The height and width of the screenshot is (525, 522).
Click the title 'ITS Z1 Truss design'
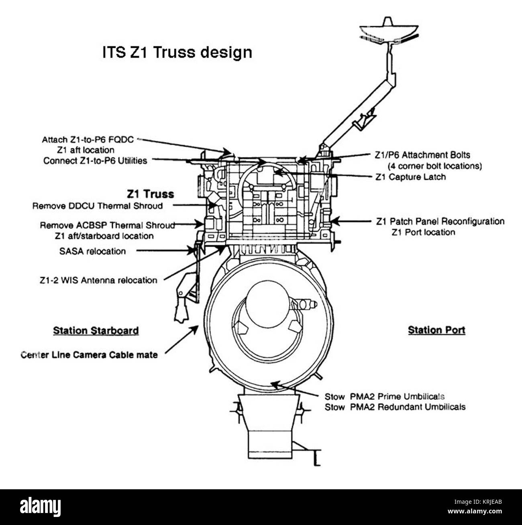pos(177,53)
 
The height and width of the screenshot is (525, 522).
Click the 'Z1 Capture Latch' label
pos(410,177)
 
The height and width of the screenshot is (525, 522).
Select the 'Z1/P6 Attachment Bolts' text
pos(422,155)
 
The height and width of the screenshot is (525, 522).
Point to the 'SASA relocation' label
pos(92,251)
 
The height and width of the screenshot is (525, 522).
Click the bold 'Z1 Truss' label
pos(150,194)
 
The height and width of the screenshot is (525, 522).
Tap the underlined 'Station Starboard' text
pos(96,331)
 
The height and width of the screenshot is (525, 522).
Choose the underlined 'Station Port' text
pos(436,330)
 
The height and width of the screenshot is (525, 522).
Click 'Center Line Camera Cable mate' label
pos(89,355)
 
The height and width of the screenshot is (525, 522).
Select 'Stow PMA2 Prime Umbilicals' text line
pos(384,397)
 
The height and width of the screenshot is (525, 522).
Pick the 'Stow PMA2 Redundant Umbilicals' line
pos(395,407)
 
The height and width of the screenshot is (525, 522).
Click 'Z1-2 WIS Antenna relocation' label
pos(98,280)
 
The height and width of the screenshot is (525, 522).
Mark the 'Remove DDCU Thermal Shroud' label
pos(98,206)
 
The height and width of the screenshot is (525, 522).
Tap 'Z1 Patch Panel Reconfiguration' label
pos(440,221)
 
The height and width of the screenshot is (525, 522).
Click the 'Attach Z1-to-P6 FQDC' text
pos(88,140)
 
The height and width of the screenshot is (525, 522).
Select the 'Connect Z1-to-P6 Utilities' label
pos(95,161)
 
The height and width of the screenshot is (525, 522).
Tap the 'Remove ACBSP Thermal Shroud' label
pos(107,225)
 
